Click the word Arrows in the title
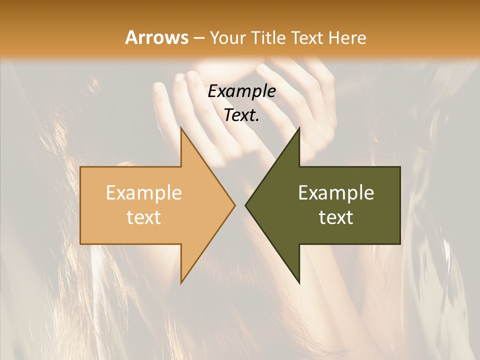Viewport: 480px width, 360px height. click(x=156, y=37)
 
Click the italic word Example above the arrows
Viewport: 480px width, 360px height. click(x=241, y=91)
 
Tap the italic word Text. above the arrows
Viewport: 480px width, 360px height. click(x=241, y=115)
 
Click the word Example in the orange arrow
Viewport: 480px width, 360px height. click(x=143, y=192)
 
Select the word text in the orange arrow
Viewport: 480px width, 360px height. click(x=143, y=217)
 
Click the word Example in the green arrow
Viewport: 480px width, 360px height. click(x=336, y=192)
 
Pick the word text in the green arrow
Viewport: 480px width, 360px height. click(x=336, y=217)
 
